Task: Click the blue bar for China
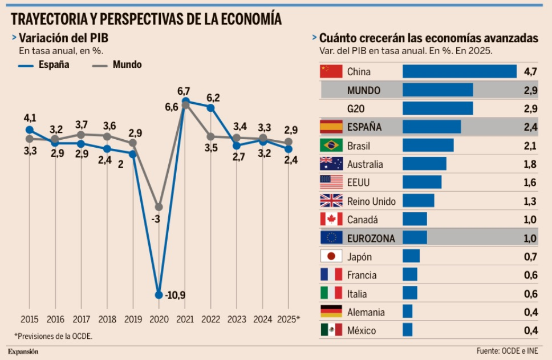coord(460,71)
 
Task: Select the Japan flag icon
coord(331,256)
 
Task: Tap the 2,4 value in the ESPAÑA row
coord(530,127)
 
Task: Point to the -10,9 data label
coord(175,295)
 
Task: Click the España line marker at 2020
coord(159,294)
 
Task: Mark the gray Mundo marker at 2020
coord(159,207)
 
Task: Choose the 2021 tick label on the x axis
coord(184,319)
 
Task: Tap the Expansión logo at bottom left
coord(23,351)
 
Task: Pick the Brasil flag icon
coord(331,145)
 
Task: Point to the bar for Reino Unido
coord(419,201)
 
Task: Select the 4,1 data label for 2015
coord(30,118)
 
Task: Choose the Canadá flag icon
coord(331,219)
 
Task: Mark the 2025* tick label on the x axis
coord(288,319)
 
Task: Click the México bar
coord(407,330)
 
